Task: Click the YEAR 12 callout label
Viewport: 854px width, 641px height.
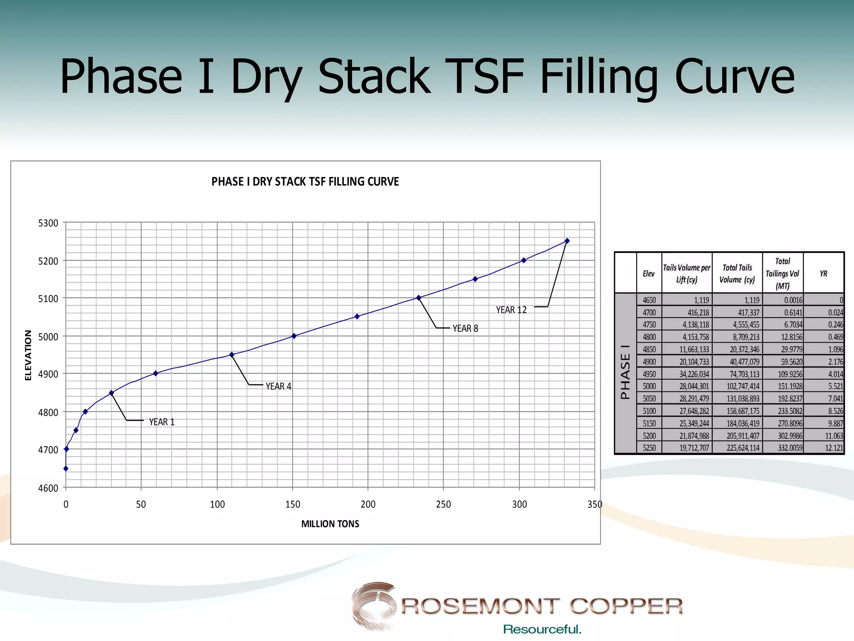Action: click(511, 310)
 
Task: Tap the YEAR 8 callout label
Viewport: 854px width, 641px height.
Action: click(465, 329)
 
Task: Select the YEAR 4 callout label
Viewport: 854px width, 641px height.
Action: click(279, 386)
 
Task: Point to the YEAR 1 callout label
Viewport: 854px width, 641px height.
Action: click(162, 422)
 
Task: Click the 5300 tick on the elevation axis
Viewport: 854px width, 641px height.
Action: click(48, 223)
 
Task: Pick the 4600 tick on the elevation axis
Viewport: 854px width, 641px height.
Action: click(48, 488)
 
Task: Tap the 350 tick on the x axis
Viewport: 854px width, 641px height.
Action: click(595, 505)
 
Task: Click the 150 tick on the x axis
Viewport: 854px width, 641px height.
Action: click(293, 505)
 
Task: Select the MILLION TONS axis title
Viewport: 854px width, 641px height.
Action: click(330, 524)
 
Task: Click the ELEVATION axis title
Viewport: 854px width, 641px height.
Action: click(28, 355)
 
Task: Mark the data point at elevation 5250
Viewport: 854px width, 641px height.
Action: click(567, 241)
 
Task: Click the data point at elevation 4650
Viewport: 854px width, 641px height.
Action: click(66, 469)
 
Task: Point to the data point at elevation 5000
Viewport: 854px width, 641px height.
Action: click(294, 336)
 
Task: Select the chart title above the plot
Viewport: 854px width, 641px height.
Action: click(305, 182)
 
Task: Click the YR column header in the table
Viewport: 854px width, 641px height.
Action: click(824, 274)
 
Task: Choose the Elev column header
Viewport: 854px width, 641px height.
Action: click(649, 274)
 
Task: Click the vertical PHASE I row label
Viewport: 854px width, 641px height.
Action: click(625, 372)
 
